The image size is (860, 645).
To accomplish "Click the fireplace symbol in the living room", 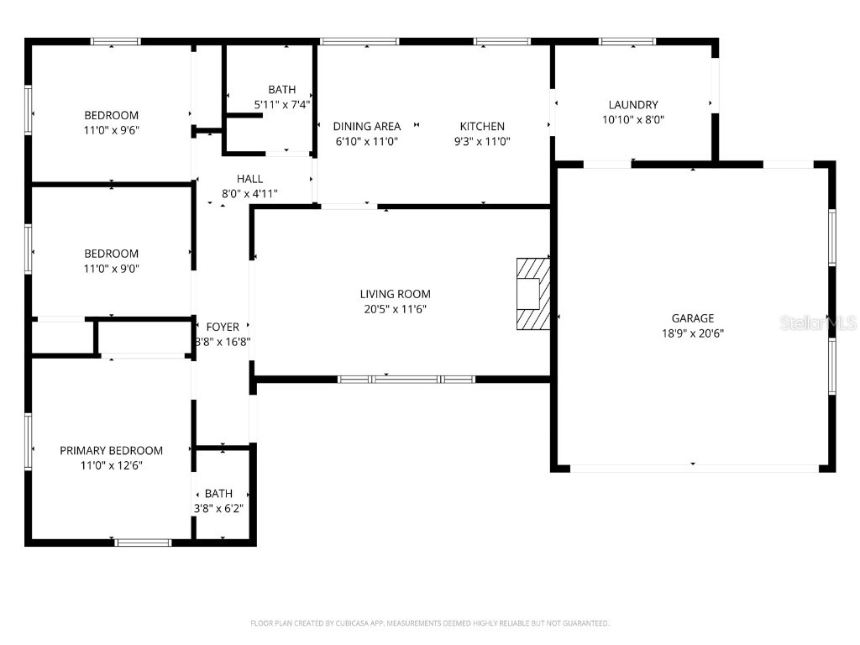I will pos(532,294).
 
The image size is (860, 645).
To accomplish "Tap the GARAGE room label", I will pos(692,318).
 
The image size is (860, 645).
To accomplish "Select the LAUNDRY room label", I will pos(633,105).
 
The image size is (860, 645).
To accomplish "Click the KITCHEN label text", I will pos(482,127).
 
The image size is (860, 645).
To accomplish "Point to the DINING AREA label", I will pos(366,127).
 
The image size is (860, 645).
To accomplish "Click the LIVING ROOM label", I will pos(395,294).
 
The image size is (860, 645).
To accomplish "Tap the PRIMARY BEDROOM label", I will pos(111,451).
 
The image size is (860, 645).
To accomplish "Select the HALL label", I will pos(249,179).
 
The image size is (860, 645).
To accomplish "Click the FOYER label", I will pos(223,327).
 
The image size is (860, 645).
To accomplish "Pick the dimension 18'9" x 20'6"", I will pos(692,333).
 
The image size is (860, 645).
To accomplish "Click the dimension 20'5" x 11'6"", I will pos(395,309).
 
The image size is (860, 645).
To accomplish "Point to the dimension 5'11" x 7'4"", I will pos(282,105).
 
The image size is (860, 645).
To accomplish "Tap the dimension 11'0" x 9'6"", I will pos(111,130).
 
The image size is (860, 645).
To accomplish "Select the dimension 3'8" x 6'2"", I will pos(218,508).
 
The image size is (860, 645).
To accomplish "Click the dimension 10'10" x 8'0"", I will pos(633,120).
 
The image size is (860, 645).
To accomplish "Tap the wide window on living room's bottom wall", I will pos(406,380).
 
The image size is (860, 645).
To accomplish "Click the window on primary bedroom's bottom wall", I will pos(143,543).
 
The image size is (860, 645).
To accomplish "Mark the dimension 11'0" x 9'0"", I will pos(111,269).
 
